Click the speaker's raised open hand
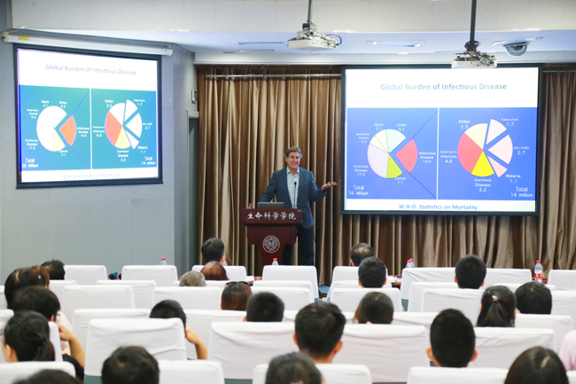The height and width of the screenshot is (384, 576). coord(329,184)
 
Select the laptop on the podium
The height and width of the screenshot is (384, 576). coord(270,206)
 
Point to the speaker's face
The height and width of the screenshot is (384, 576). coord(292,158)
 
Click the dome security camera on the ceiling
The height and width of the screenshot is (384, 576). coord(516,48)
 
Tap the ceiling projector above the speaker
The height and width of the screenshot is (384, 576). coord(311,40)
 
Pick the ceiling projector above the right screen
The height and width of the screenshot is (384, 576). coord(473,59)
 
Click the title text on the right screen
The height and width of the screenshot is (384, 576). coord(440,87)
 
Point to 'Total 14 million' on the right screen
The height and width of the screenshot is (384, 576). coord(521,192)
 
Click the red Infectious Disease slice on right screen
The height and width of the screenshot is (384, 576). coord(407,155)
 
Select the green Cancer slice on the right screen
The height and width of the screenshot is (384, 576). coord(393,167)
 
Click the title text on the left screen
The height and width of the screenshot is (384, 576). coord(87,68)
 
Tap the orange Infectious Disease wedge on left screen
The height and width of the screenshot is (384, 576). coord(67,130)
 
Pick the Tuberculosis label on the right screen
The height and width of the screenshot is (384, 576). coord(510,121)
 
